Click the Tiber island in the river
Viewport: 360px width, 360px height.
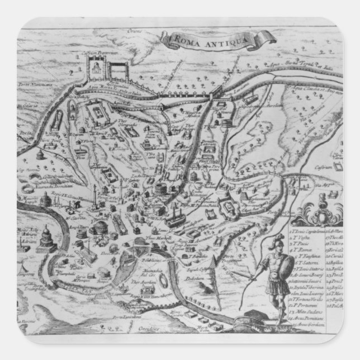pos(132,259)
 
